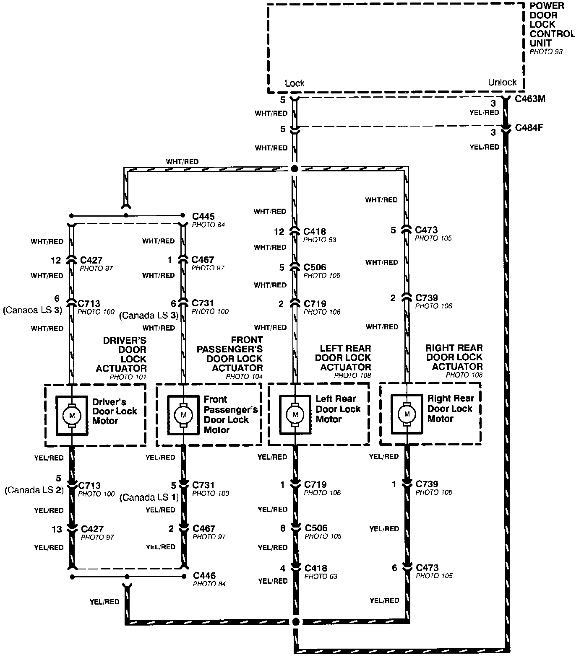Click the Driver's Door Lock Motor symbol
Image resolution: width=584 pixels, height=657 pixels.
[72, 415]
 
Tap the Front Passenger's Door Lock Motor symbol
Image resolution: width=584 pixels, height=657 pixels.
[183, 415]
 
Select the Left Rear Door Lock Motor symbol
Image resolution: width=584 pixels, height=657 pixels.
[295, 414]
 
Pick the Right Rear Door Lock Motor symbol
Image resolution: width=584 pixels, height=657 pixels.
[407, 414]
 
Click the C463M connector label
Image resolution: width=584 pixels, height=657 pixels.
[530, 99]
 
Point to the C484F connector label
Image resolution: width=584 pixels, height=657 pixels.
[529, 127]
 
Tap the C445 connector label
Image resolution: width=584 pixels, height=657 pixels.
[203, 217]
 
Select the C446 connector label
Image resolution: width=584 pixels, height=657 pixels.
[204, 576]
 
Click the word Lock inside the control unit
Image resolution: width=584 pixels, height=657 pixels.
[295, 83]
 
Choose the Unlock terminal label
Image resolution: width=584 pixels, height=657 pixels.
[502, 82]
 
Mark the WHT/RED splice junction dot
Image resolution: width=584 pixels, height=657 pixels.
[295, 169]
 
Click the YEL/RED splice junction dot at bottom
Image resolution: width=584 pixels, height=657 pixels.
[296, 621]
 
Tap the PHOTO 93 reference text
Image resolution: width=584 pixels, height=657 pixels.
[546, 52]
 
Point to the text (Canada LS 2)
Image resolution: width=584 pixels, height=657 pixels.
[34, 490]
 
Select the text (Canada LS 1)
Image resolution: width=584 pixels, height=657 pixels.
[149, 497]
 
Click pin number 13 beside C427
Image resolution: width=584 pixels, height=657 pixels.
[57, 529]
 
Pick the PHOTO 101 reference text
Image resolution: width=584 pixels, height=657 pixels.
[128, 377]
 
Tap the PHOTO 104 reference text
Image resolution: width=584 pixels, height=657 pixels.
[244, 376]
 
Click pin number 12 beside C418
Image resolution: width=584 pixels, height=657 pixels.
[279, 232]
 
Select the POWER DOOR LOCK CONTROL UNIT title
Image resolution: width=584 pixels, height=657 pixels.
[552, 24]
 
